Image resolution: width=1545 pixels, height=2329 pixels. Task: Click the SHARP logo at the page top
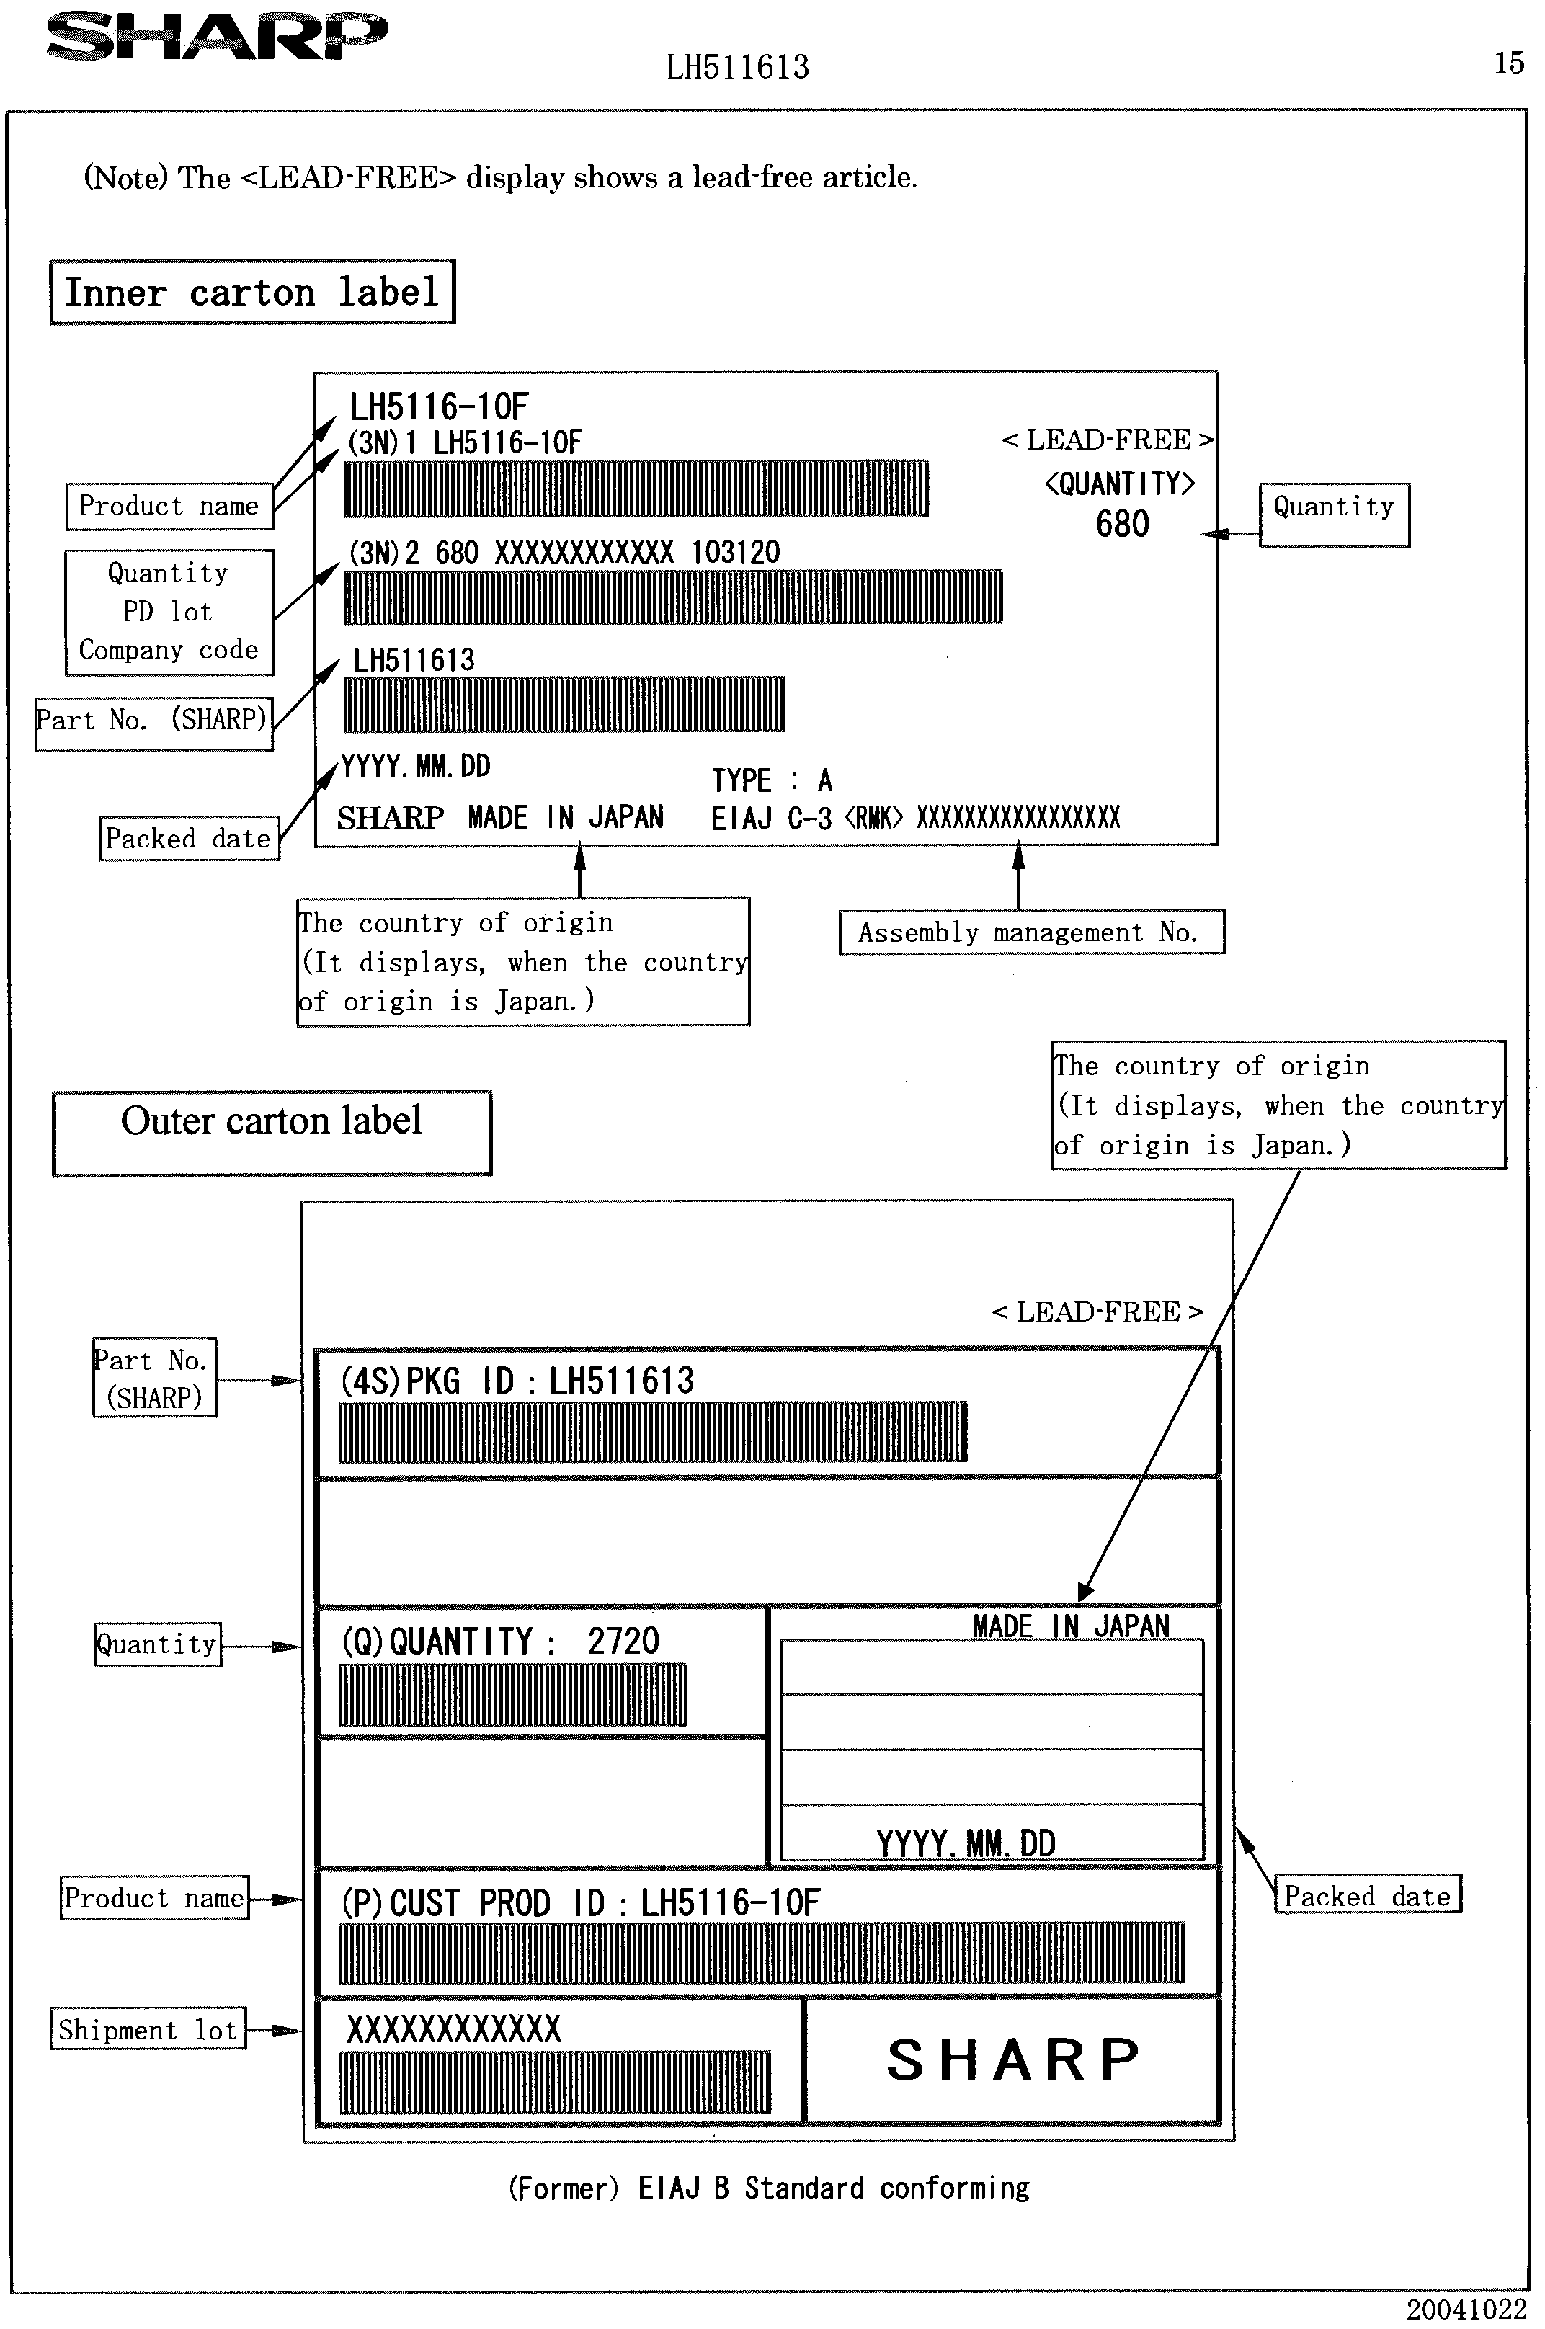tap(217, 37)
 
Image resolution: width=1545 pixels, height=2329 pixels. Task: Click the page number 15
tap(1508, 63)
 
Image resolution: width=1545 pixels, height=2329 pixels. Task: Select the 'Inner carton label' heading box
tap(252, 292)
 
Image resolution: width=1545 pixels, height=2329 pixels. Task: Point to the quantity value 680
tap(1121, 524)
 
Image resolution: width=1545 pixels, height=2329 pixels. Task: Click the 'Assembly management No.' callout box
tap(1030, 932)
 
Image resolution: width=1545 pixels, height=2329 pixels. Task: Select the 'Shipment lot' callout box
tap(148, 2029)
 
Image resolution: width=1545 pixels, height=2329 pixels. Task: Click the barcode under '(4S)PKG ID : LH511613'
tap(652, 1432)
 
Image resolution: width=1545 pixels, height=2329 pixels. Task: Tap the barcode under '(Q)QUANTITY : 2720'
tap(512, 1696)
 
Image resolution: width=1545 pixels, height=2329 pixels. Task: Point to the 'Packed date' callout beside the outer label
tap(1367, 1897)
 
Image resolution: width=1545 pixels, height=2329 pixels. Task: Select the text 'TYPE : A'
tap(772, 781)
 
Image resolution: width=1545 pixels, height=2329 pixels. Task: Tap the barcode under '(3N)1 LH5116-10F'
tap(636, 488)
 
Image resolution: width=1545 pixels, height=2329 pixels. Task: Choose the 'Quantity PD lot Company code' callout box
tap(169, 612)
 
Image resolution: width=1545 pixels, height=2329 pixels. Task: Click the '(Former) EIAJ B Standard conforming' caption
tap(769, 2188)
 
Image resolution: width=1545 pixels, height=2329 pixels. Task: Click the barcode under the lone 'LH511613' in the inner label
tap(564, 703)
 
